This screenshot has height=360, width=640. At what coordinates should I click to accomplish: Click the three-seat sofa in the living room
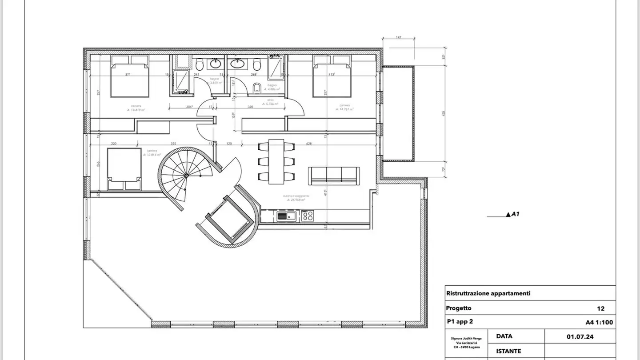coord(334,176)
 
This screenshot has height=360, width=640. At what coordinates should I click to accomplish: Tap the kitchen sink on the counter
coord(286,216)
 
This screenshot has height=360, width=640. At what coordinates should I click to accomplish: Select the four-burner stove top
coord(308,216)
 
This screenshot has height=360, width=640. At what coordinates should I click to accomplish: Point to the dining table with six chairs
coord(276,161)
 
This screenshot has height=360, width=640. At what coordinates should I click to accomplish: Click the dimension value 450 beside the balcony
coord(443,113)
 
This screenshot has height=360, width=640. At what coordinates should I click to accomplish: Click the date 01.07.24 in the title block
coord(580,336)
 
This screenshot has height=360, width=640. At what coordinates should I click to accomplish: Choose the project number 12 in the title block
coord(600,308)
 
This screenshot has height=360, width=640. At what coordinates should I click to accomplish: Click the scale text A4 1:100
coord(599,323)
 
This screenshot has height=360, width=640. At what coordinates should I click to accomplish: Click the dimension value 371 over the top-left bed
coord(128,75)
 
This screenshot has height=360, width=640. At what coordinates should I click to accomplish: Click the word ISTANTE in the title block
coord(508,351)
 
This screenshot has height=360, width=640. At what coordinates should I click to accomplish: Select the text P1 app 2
coord(462,322)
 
